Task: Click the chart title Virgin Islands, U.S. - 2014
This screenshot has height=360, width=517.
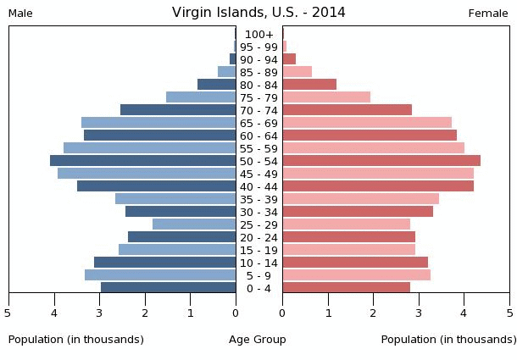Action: (x=258, y=13)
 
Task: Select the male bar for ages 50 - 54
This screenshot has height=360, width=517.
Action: (x=143, y=161)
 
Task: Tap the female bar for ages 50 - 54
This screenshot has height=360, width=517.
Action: (x=381, y=161)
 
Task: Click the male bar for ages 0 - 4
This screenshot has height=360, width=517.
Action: (x=169, y=288)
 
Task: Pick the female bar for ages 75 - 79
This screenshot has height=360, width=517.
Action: (x=326, y=97)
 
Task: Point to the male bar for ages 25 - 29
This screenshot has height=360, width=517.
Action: (x=194, y=224)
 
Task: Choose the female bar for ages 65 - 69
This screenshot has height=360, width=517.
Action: (x=367, y=123)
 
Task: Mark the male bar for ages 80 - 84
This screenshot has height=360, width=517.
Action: (x=217, y=85)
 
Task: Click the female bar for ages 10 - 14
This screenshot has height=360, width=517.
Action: (x=355, y=263)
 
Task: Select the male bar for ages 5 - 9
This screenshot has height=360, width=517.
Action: (x=160, y=275)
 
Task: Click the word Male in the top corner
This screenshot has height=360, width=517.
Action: (x=20, y=14)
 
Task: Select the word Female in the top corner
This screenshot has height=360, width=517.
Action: (x=488, y=14)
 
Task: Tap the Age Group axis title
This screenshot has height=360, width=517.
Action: (x=258, y=340)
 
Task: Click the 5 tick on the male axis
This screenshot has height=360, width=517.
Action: (x=8, y=313)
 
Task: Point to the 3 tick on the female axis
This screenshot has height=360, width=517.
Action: (x=419, y=313)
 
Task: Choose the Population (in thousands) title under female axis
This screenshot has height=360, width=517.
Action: (x=448, y=340)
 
